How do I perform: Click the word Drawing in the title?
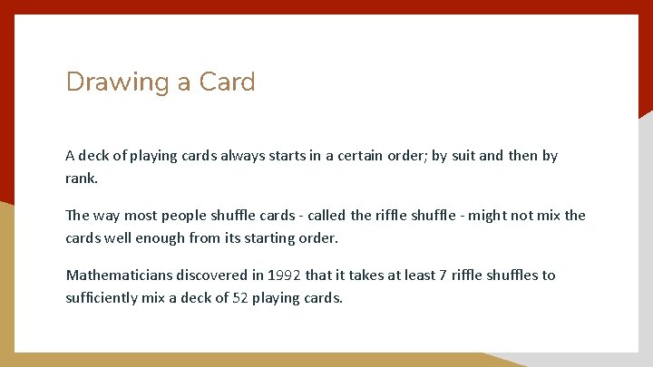[x=118, y=82]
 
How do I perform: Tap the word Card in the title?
[x=228, y=82]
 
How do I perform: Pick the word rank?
[x=82, y=178]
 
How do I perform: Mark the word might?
[x=486, y=216]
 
